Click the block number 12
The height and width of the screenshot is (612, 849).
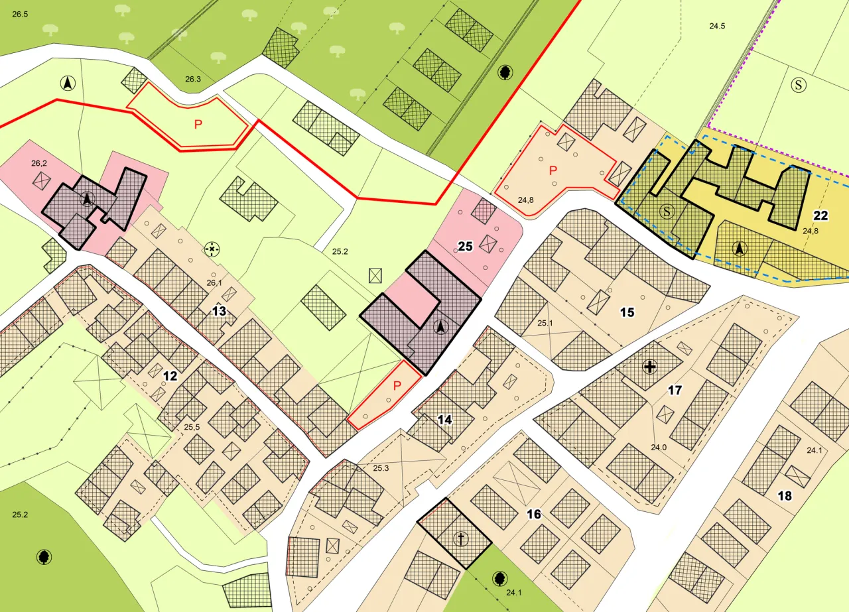(170, 376)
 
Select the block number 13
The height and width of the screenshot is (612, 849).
(220, 311)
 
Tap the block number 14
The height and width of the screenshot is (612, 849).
(444, 419)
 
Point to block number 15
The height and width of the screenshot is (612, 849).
(627, 312)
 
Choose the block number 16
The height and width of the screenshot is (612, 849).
(534, 514)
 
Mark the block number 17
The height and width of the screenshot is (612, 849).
(675, 391)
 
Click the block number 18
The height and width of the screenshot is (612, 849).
(785, 496)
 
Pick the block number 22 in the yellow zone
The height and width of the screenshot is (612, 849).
(820, 215)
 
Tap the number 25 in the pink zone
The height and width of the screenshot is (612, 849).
(465, 247)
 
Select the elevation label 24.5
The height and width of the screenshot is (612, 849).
(717, 27)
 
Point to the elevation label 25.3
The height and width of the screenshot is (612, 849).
(381, 469)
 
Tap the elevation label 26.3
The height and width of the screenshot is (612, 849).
(192, 80)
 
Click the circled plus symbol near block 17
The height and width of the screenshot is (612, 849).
(649, 367)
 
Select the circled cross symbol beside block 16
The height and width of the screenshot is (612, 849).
(460, 539)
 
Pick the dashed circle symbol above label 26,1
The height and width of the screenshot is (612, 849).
(212, 249)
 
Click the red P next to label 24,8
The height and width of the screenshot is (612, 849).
(552, 170)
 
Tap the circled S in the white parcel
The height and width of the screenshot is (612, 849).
(799, 85)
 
